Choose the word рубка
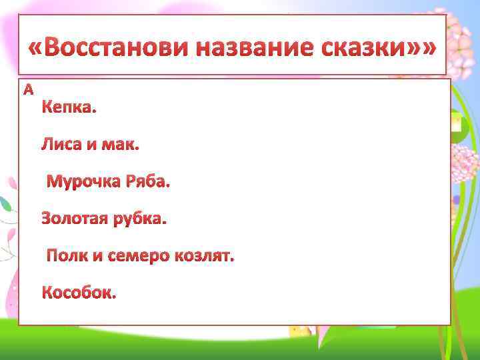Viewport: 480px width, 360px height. tap(141, 218)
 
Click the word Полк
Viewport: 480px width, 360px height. tap(65, 255)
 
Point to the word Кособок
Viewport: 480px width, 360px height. tap(79, 293)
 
